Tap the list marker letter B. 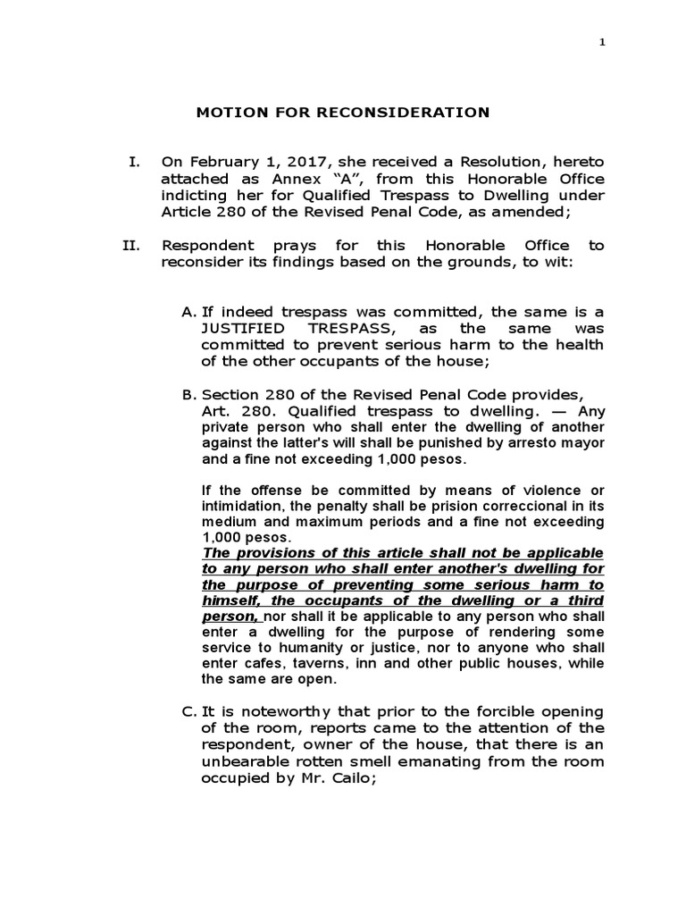click(x=188, y=394)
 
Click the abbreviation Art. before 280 click(x=214, y=411)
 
